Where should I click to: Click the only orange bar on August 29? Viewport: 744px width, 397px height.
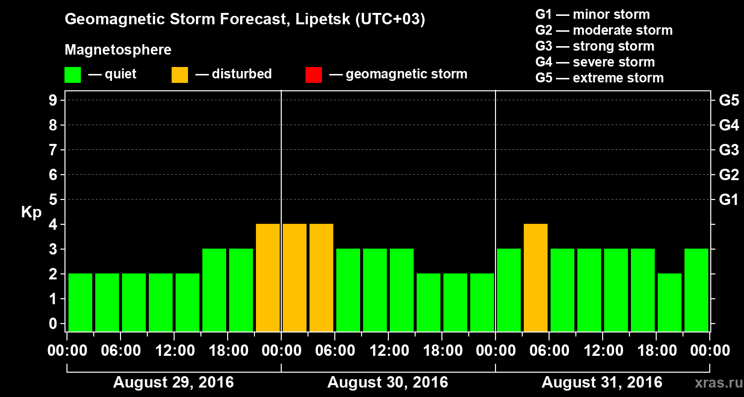[x=268, y=277]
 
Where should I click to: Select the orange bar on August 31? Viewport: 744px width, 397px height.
[x=536, y=277]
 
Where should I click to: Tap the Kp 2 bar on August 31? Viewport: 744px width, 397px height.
[x=670, y=302]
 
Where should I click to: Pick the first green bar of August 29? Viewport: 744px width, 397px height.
[x=80, y=302]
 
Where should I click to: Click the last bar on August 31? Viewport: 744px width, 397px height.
[x=696, y=290]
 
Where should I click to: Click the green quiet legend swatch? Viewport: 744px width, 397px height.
[x=72, y=75]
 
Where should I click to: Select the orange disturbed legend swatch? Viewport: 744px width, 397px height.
[x=180, y=75]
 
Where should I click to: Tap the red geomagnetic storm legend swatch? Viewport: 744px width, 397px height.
[x=313, y=75]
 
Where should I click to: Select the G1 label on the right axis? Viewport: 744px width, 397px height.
[x=729, y=200]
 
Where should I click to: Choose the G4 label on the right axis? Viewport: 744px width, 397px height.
[x=729, y=126]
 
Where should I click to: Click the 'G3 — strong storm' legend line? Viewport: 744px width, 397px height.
[x=595, y=46]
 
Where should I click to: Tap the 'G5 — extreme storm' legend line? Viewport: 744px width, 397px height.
[x=599, y=78]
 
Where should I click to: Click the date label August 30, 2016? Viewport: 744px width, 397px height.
[x=387, y=383]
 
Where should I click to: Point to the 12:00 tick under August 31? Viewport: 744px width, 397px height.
[x=602, y=351]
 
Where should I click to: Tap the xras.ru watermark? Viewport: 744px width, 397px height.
[x=715, y=383]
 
